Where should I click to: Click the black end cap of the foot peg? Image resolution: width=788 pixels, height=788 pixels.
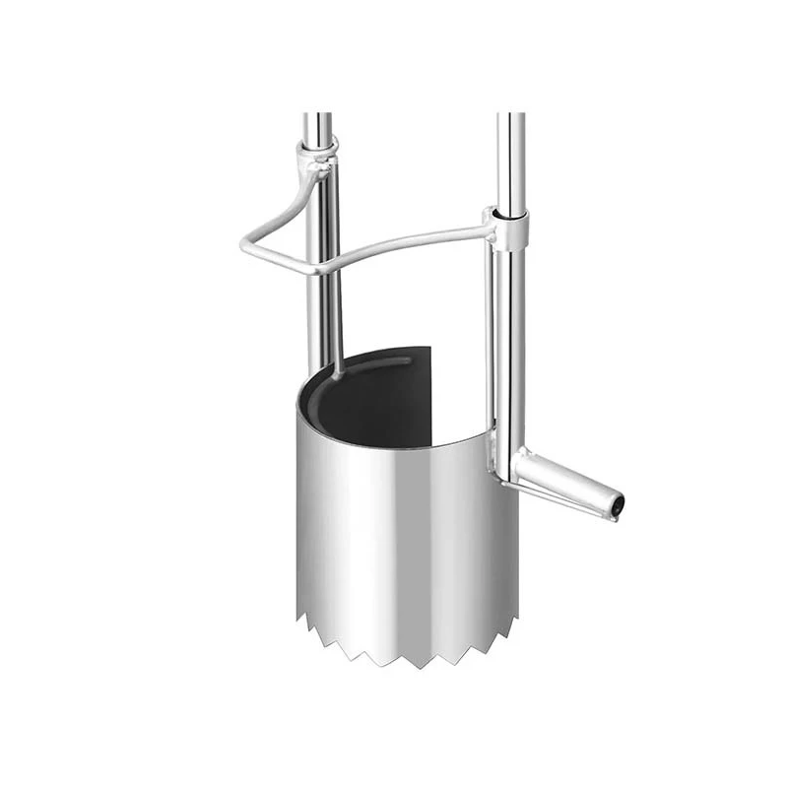click(x=618, y=504)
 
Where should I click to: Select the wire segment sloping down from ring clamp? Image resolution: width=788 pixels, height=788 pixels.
click(x=286, y=202)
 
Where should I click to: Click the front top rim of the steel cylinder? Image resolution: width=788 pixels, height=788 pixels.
click(x=394, y=443)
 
